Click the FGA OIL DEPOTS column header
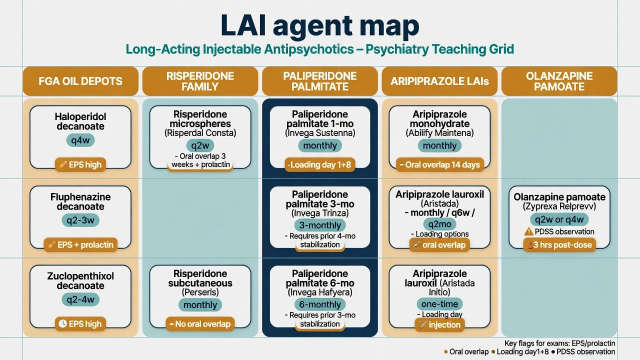pyautogui.click(x=80, y=81)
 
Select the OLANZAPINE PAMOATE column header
pyautogui.click(x=559, y=81)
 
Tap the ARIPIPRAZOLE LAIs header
pyautogui.click(x=439, y=81)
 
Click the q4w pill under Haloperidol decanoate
pyautogui.click(x=80, y=140)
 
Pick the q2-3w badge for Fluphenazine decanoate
pyautogui.click(x=80, y=220)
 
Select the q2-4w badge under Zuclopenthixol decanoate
pyautogui.click(x=80, y=299)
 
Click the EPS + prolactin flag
pyautogui.click(x=80, y=245)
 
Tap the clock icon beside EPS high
pyautogui.click(x=62, y=323)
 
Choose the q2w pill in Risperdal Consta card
pyautogui.click(x=200, y=145)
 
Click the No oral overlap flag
pyautogui.click(x=200, y=324)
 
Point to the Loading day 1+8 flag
pyautogui.click(x=319, y=164)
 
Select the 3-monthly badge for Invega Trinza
pyautogui.click(x=319, y=225)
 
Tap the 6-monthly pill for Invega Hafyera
pyautogui.click(x=319, y=304)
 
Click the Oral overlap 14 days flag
pyautogui.click(x=439, y=164)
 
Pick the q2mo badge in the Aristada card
pyautogui.click(x=439, y=224)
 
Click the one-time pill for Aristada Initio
pyautogui.click(x=439, y=303)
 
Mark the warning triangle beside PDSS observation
pyautogui.click(x=528, y=231)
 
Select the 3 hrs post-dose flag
pyautogui.click(x=559, y=245)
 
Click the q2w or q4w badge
pyautogui.click(x=559, y=219)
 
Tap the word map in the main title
pyautogui.click(x=389, y=26)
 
